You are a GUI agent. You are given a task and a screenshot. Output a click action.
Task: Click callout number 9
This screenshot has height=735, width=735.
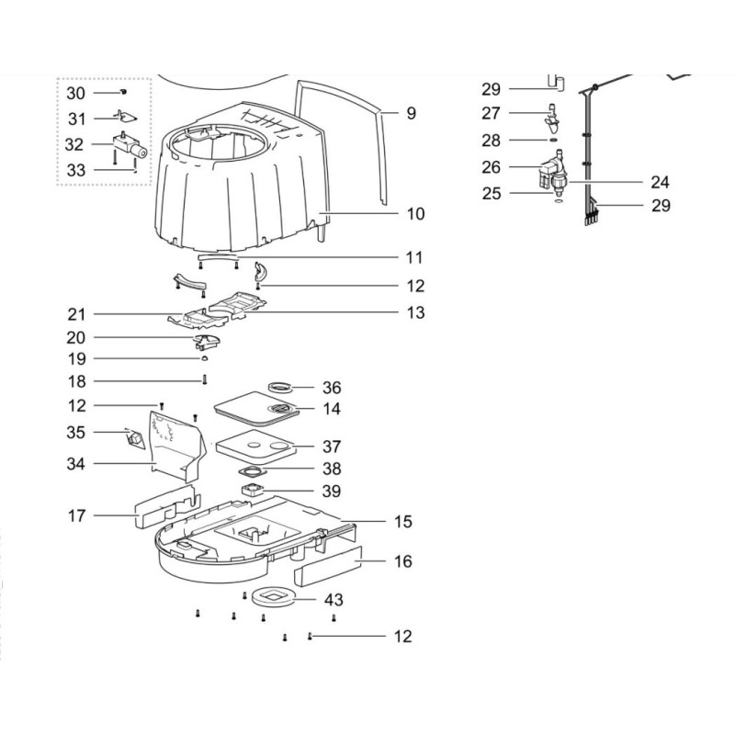click(411, 114)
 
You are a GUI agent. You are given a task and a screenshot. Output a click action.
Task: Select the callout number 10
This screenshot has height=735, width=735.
click(415, 214)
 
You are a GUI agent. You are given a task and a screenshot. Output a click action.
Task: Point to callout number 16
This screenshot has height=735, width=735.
click(403, 561)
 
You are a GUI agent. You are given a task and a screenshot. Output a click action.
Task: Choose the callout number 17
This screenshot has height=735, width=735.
click(76, 516)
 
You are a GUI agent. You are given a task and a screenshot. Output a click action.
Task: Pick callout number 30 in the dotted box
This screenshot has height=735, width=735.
click(76, 93)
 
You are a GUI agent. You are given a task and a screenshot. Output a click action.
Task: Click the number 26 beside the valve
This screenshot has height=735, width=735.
click(492, 167)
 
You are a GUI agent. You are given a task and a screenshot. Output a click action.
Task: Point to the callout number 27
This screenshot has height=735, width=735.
click(492, 114)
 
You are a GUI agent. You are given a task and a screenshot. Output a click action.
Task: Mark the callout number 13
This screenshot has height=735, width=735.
click(415, 313)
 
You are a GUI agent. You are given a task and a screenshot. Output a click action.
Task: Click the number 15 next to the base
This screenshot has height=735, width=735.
click(403, 523)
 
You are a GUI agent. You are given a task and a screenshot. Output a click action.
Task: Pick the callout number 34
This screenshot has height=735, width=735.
click(76, 464)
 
